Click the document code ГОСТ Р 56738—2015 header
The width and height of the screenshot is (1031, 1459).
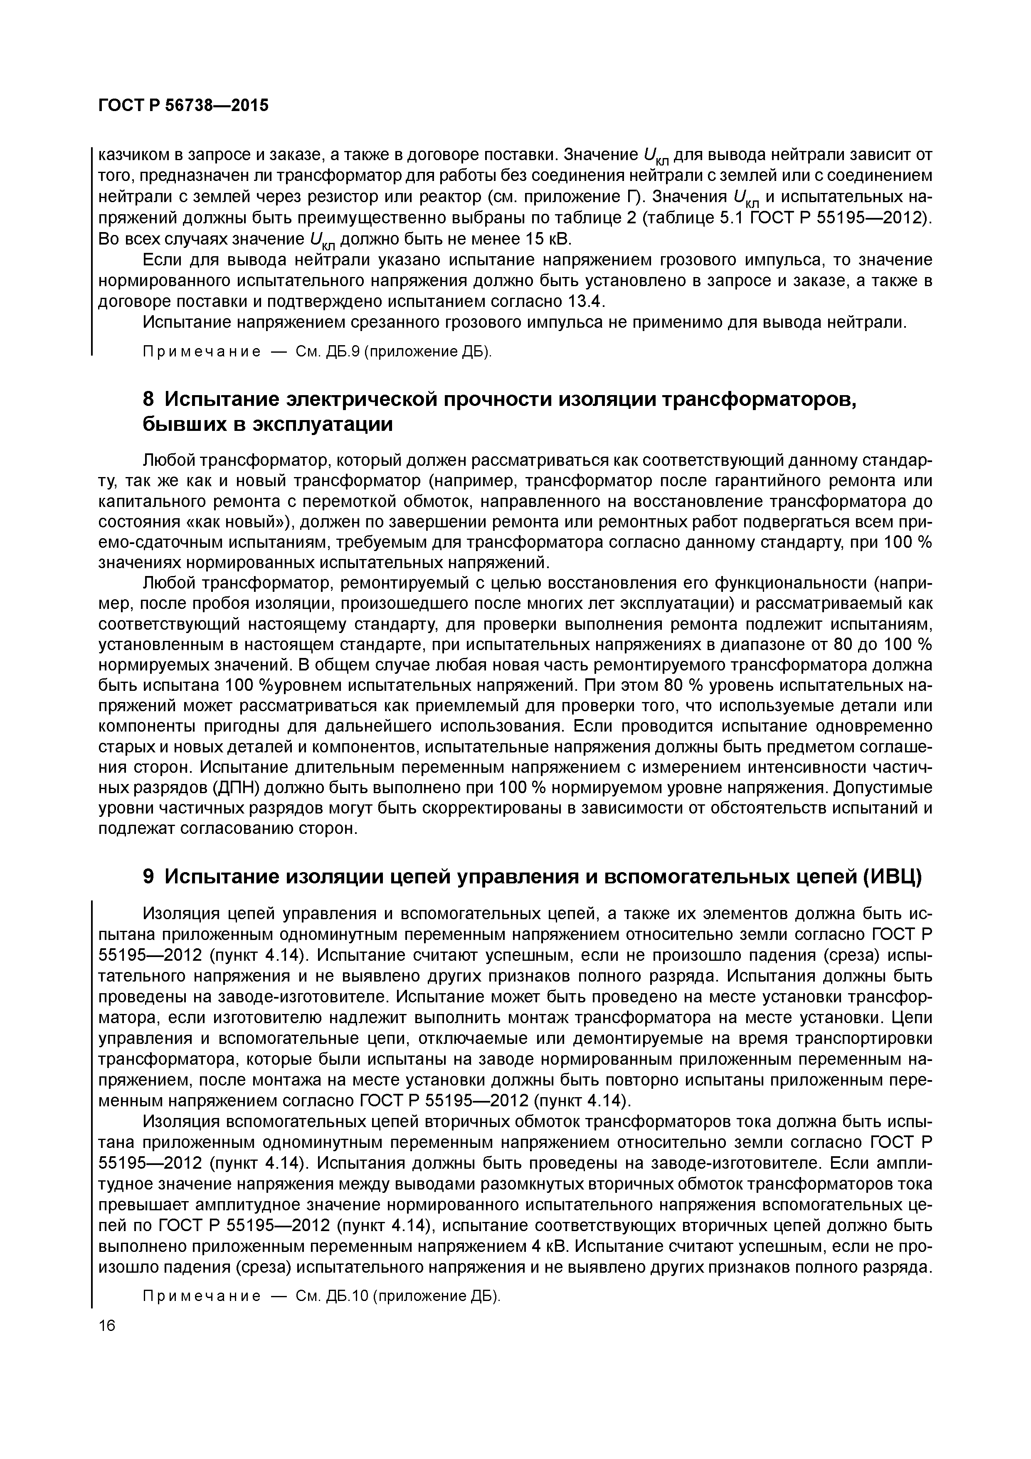point(184,105)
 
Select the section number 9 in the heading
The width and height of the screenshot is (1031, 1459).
point(148,876)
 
